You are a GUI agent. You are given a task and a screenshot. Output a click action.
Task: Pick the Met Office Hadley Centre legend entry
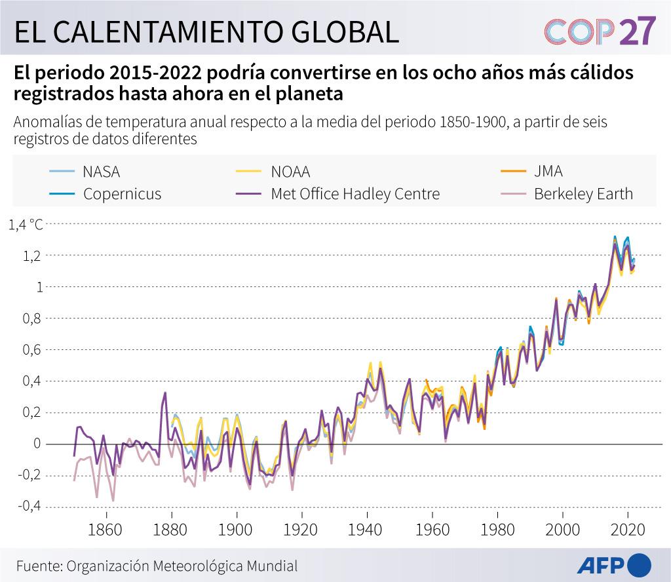pos(355,194)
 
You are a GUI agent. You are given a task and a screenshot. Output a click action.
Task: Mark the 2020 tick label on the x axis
pos(627,530)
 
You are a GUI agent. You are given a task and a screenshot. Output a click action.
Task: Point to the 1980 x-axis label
pos(497,530)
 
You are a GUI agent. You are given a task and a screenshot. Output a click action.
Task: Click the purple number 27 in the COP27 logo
pos(637,31)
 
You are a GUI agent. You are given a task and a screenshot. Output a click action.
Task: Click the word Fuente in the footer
pos(38,566)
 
